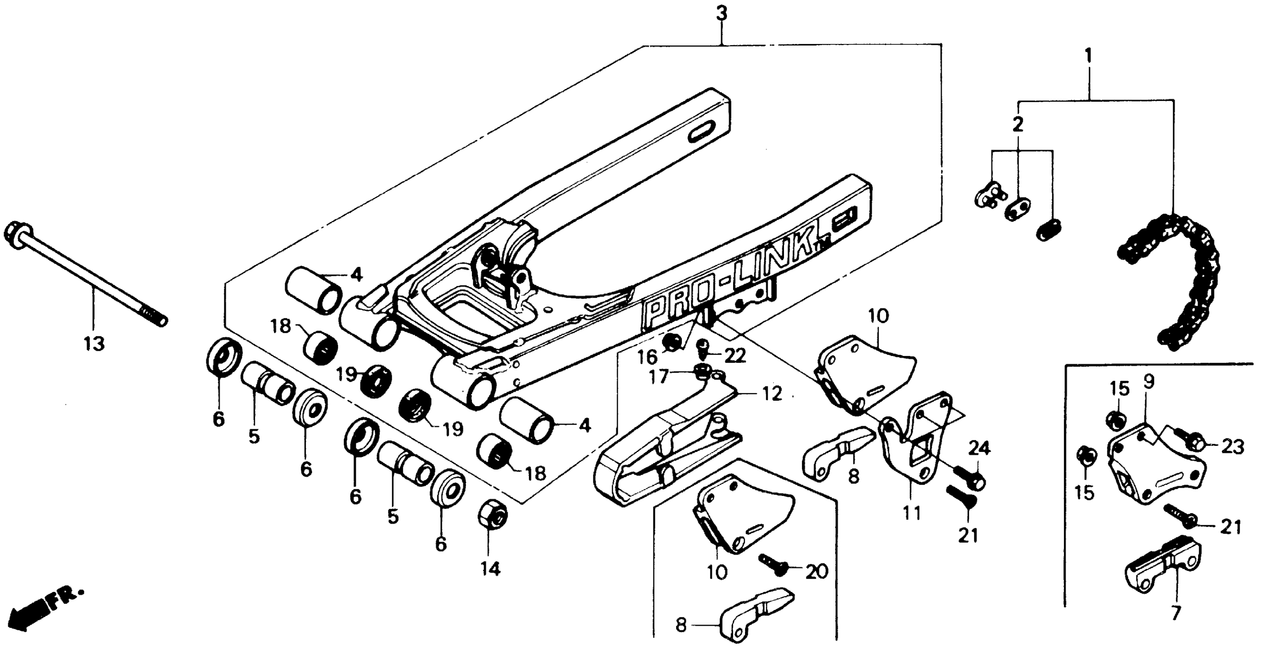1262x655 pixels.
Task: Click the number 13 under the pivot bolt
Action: (x=94, y=344)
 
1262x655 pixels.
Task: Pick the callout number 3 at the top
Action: (x=722, y=14)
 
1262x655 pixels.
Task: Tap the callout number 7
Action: (x=1176, y=613)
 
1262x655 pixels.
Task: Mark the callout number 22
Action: (x=735, y=355)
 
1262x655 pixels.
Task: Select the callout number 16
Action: (x=647, y=357)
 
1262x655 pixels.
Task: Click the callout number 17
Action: (x=659, y=377)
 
